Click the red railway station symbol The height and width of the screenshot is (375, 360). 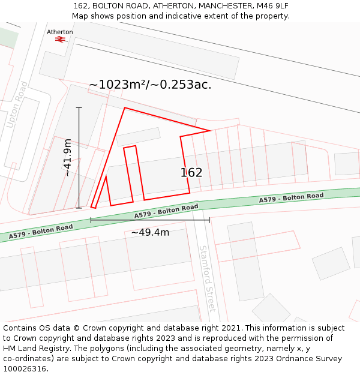(x=59, y=39)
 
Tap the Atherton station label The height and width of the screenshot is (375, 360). (x=60, y=32)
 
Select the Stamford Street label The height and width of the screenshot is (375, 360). (x=208, y=278)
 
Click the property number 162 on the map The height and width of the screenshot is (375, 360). (x=191, y=173)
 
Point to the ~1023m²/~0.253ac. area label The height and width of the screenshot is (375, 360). (x=150, y=85)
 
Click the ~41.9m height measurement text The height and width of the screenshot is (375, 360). (x=68, y=157)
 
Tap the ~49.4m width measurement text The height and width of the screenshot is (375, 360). (x=150, y=232)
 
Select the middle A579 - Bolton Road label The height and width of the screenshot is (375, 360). (x=166, y=211)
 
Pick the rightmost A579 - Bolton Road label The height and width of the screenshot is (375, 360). (x=291, y=197)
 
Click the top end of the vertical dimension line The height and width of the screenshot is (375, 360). (x=79, y=107)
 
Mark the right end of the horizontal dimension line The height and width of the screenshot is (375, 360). (x=209, y=220)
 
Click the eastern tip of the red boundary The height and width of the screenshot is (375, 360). (x=210, y=131)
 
